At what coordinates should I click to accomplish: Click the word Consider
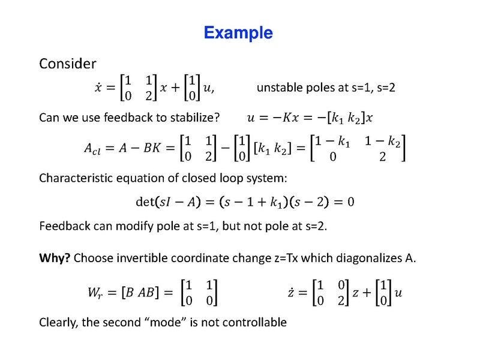(x=67, y=63)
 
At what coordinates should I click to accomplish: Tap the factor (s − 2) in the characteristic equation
(x=306, y=201)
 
